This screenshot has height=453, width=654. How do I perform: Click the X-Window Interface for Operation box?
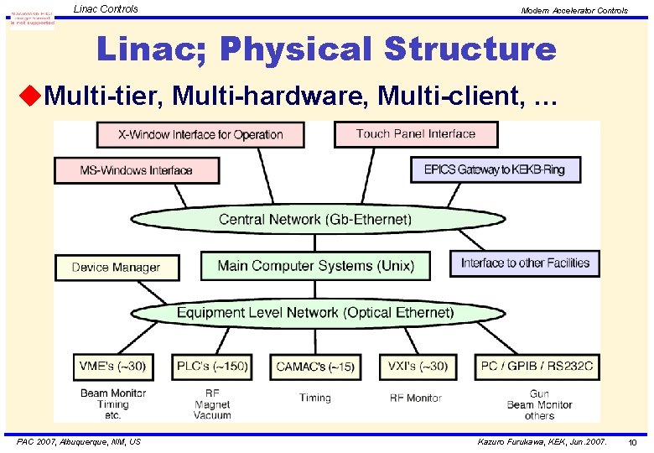(200, 134)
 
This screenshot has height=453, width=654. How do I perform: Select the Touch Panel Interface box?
(415, 134)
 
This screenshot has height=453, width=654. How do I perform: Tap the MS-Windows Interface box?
(136, 170)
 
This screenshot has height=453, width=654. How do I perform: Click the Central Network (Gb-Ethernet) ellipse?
(314, 220)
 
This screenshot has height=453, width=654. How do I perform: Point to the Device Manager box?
(117, 268)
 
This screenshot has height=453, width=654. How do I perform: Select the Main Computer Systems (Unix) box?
(315, 266)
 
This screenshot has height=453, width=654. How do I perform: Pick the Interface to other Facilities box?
(525, 263)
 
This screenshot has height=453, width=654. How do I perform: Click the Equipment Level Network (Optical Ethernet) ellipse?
(314, 313)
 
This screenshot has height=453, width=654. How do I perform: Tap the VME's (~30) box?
(113, 367)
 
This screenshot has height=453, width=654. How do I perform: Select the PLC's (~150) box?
(212, 367)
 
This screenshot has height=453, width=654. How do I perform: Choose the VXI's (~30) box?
(417, 367)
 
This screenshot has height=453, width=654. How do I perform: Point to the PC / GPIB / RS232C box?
(537, 367)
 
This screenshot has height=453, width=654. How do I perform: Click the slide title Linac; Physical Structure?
(326, 49)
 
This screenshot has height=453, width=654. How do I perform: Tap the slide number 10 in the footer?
(632, 442)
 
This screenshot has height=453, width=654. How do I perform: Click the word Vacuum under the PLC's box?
(212, 415)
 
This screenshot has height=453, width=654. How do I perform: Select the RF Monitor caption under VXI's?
(415, 398)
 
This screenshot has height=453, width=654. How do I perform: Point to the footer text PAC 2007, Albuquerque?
(79, 441)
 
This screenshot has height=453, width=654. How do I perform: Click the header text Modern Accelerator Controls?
(574, 11)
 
